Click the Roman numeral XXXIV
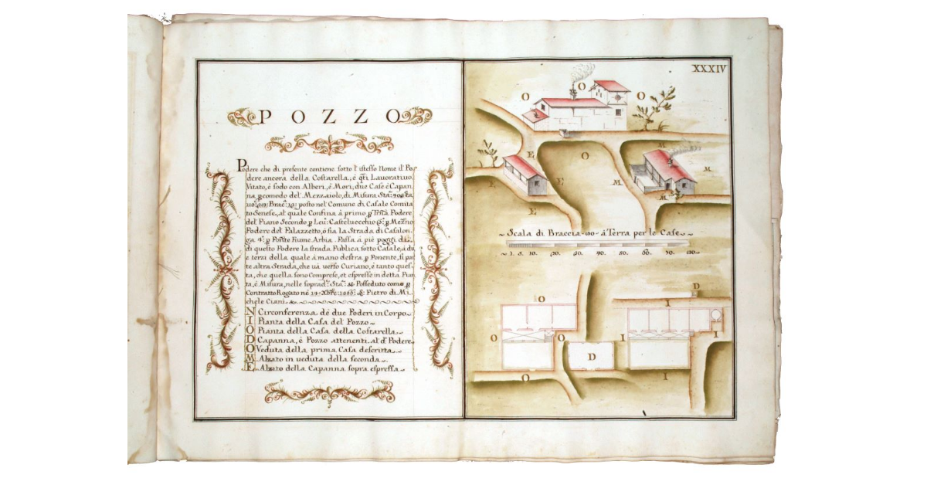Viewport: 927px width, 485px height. [708, 69]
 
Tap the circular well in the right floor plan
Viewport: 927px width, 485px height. [716, 315]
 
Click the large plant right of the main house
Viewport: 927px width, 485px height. [657, 107]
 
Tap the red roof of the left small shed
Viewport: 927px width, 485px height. [521, 165]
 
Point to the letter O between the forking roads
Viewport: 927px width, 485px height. [586, 154]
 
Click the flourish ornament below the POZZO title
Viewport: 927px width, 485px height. [329, 144]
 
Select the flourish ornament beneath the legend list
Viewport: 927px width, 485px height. [329, 394]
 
